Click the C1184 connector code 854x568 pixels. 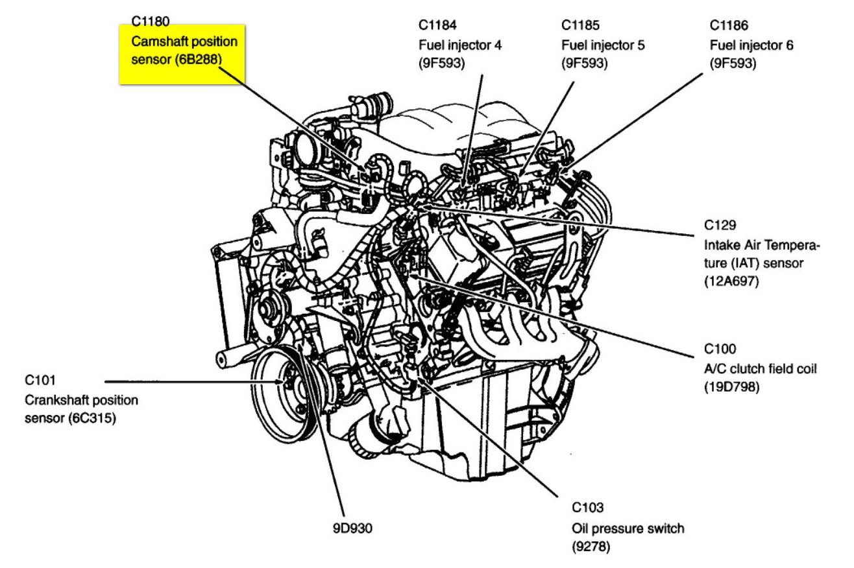(438, 26)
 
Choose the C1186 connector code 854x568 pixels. (730, 26)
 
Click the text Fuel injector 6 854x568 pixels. (751, 45)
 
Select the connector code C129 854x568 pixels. (720, 226)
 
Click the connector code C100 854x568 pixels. (720, 349)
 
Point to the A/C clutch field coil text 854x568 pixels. (760, 368)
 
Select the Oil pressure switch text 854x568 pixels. (628, 528)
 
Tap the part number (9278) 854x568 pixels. (591, 547)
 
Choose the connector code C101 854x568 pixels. (42, 379)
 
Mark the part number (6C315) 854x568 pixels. (91, 418)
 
